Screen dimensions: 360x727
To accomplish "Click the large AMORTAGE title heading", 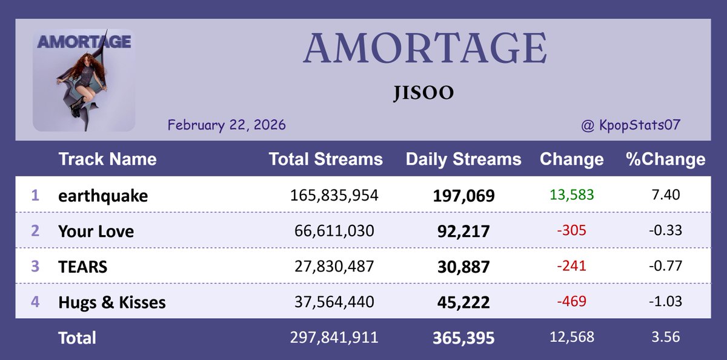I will pos(425,48).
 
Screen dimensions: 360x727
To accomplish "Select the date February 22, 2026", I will pos(227,125).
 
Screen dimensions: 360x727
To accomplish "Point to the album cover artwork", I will pos(84,80).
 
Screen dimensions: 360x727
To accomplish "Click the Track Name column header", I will pos(107,159).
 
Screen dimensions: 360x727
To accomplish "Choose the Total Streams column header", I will pos(325,159).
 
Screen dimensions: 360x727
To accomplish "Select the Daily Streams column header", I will pos(463,159).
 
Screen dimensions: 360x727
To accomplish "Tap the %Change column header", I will pos(665,159).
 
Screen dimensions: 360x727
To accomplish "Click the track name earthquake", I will pos(103,196).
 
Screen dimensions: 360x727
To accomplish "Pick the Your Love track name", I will pos(96,231).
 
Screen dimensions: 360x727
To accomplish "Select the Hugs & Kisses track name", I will pos(111,302).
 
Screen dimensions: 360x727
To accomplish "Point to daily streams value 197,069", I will pos(463,196).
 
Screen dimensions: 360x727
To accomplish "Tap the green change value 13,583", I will pos(571,195).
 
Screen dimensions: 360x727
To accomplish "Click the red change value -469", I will pos(571,301).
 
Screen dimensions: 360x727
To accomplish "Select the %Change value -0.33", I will pos(666,231).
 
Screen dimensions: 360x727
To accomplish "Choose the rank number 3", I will pos(35,266).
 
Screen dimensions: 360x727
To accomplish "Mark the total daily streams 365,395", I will pos(463,338).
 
